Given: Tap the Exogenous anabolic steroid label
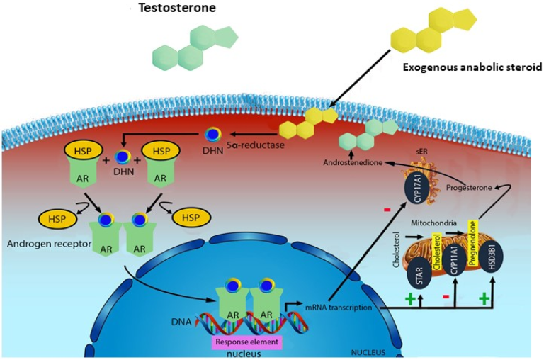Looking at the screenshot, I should pyautogui.click(x=472, y=67).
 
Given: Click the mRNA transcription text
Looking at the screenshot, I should pyautogui.click(x=330, y=306).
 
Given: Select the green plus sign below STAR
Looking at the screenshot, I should pyautogui.click(x=409, y=300).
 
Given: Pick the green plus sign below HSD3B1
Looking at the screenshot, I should pyautogui.click(x=484, y=300).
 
